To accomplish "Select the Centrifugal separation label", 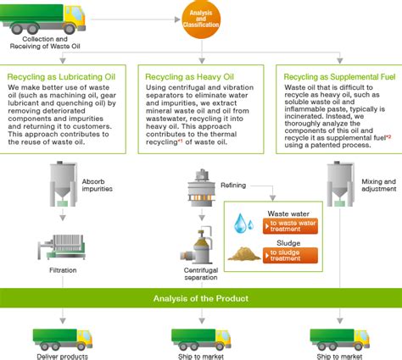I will pos(202,274).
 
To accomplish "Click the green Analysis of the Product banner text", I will pos(201,297).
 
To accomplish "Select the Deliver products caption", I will pos(62,356).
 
